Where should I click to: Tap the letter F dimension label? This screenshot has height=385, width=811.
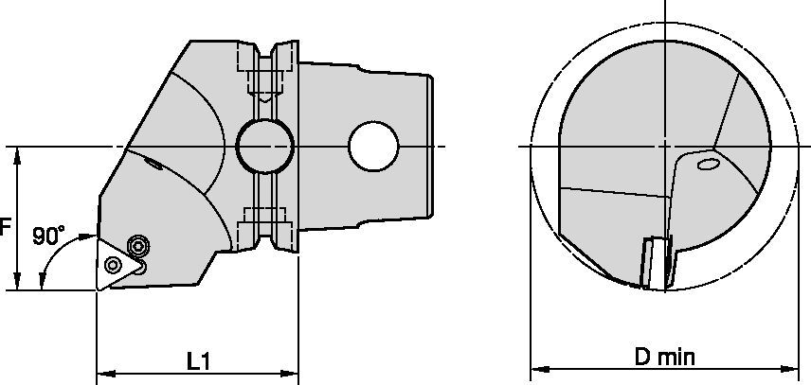tap(6, 228)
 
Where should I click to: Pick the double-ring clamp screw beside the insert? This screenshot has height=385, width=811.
tap(139, 246)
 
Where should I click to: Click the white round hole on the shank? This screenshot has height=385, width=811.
tap(369, 147)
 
